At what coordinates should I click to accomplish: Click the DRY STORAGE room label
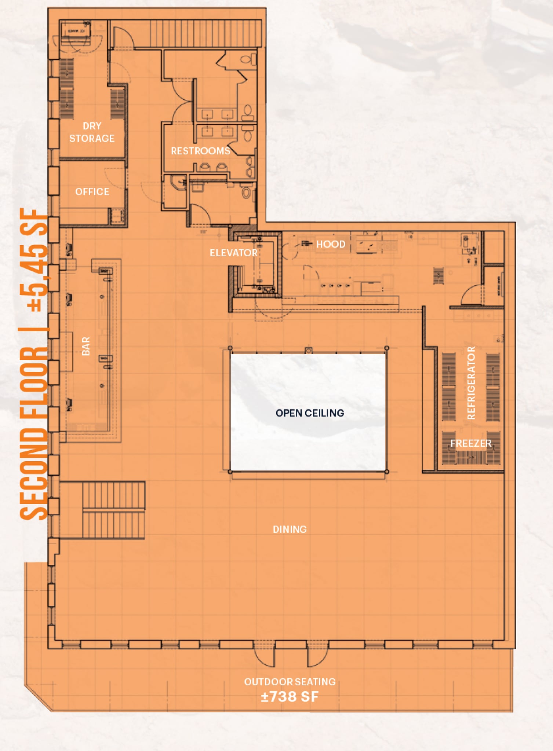[92, 132]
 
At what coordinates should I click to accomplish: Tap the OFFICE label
[92, 191]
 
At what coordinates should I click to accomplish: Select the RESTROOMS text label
[200, 151]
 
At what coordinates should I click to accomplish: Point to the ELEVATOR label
[233, 253]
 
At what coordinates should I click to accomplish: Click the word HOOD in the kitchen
[331, 244]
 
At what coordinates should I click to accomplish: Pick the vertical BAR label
[86, 346]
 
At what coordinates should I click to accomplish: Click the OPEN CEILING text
[310, 413]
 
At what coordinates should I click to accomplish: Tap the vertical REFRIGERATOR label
[471, 383]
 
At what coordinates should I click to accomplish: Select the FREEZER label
[471, 443]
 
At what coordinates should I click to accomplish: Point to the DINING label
[290, 529]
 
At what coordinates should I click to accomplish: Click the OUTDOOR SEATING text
[290, 682]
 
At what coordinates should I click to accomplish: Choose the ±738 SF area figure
[290, 697]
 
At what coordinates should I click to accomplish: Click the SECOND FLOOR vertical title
[34, 433]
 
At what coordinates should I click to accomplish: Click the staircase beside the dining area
[113, 510]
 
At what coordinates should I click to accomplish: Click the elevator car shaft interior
[257, 264]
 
